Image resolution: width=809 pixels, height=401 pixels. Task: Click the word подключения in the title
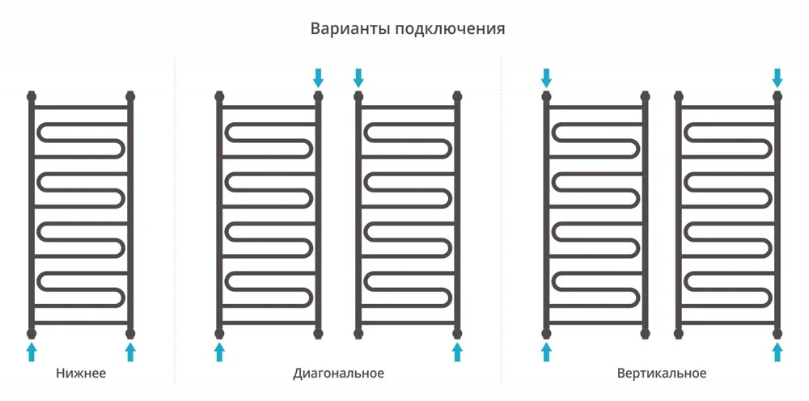click(450, 29)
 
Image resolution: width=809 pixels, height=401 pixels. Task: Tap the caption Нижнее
click(81, 373)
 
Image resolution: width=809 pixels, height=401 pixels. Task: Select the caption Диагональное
click(338, 374)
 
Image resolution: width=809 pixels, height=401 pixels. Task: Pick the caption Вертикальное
click(662, 373)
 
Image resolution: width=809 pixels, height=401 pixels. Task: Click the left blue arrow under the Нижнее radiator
click(32, 352)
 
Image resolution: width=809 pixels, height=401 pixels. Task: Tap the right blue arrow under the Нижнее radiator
click(130, 352)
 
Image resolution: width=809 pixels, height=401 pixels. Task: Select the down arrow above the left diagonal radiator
click(318, 78)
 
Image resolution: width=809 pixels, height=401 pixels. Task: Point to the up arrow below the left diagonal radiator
click(219, 352)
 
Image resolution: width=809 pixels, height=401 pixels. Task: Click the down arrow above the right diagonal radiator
click(358, 78)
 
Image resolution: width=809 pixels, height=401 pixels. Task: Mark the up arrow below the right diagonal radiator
click(457, 352)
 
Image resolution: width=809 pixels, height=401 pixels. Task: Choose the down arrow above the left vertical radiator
click(546, 78)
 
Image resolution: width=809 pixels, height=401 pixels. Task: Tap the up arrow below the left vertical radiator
click(546, 352)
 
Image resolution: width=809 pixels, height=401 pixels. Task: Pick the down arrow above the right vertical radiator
click(777, 78)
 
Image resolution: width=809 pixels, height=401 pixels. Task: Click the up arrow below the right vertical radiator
click(777, 352)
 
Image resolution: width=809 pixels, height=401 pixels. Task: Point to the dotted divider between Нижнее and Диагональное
click(175, 220)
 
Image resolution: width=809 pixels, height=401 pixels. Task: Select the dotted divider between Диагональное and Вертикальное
click(501, 220)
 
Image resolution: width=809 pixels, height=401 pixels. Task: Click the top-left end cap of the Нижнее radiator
click(32, 96)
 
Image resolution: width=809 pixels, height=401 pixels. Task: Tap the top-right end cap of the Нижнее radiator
click(130, 96)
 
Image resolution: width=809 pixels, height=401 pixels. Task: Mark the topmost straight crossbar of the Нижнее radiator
click(81, 108)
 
